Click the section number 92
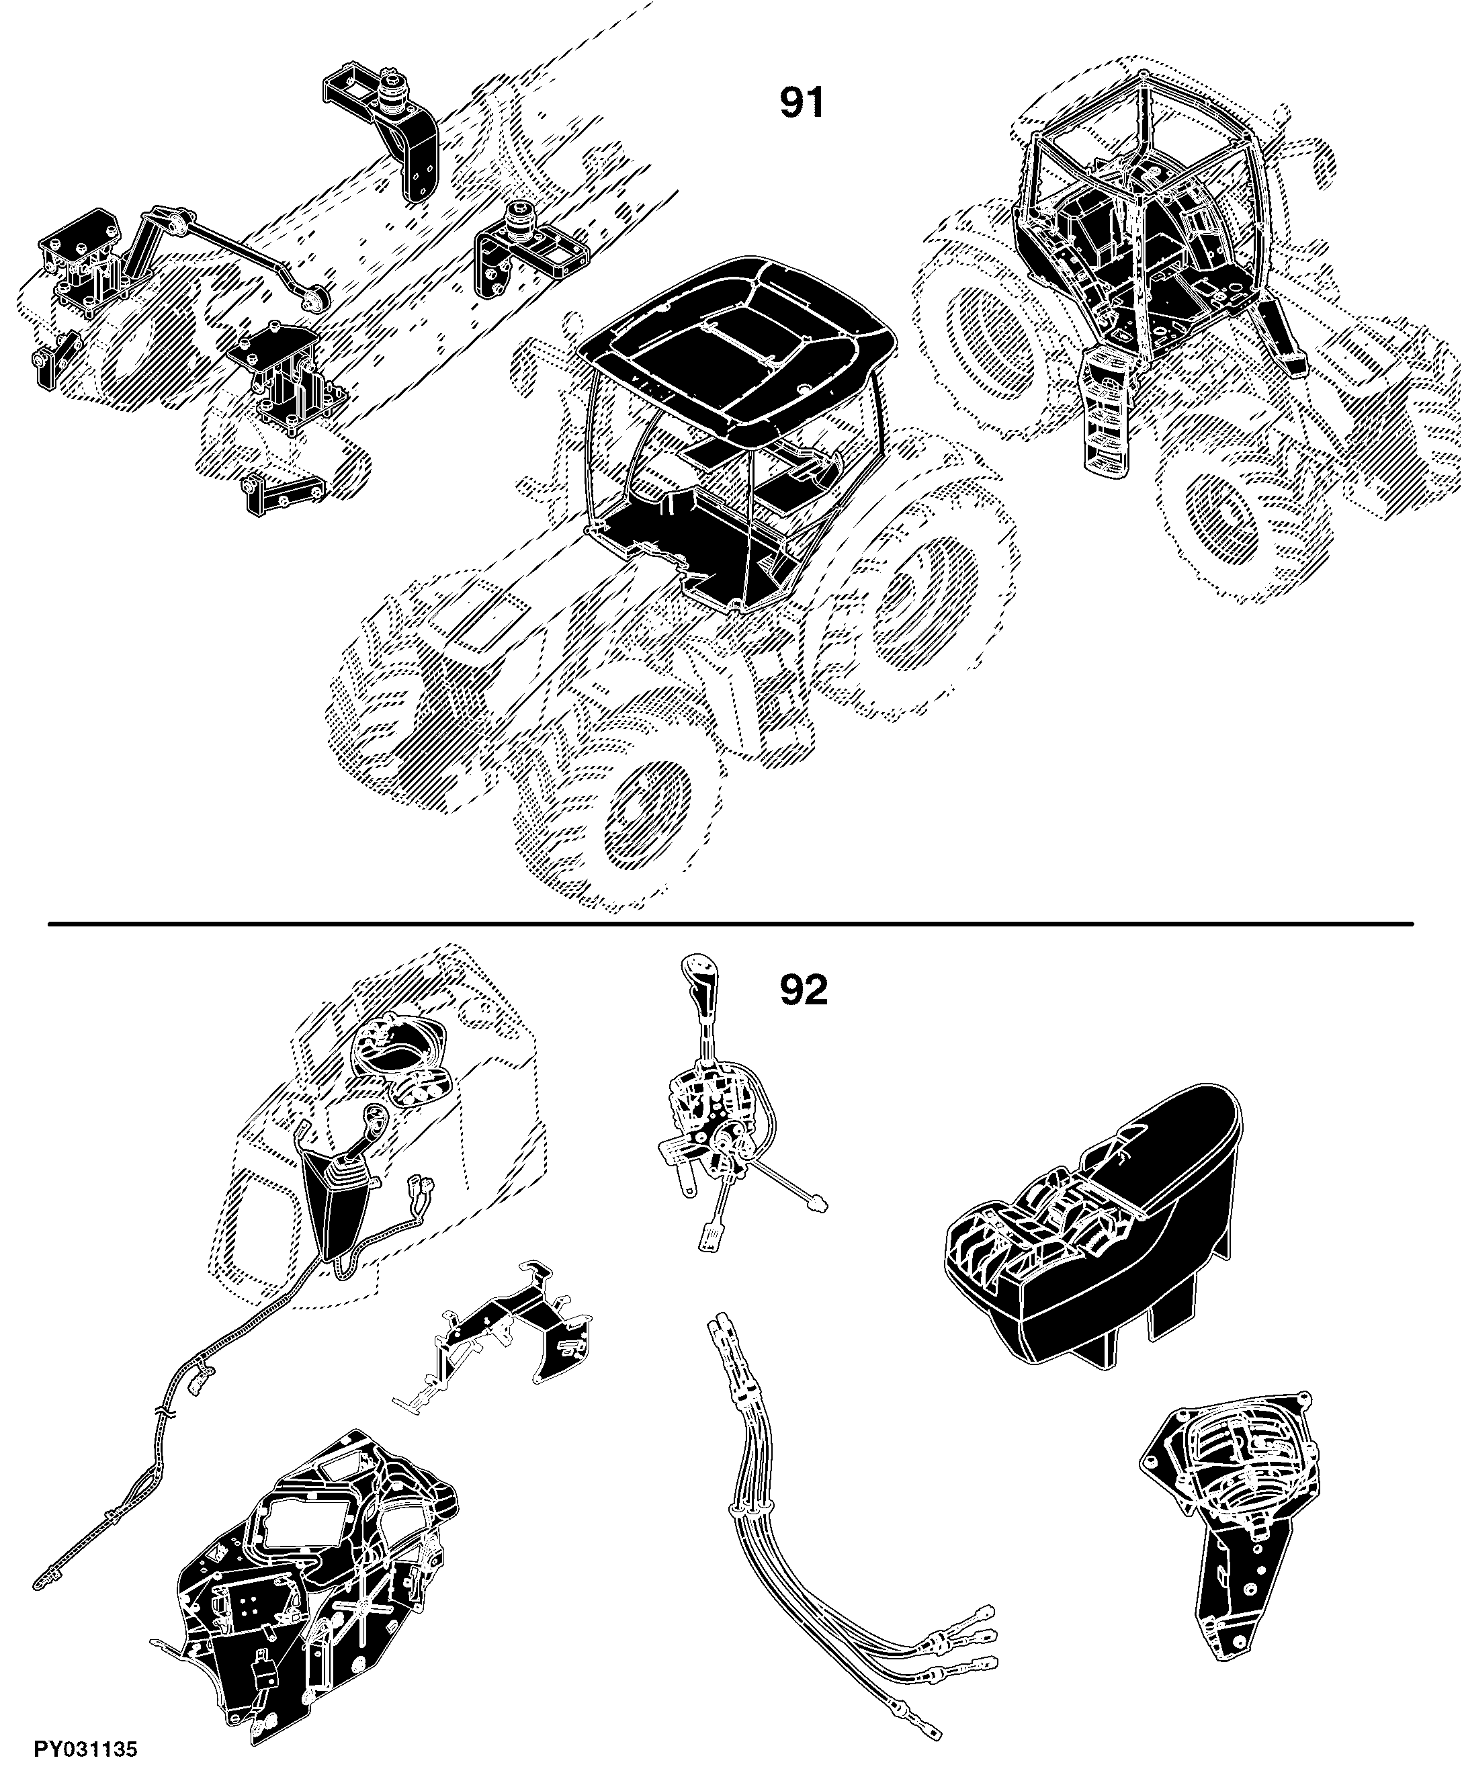[x=804, y=990]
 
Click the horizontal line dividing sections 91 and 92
[x=730, y=924]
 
